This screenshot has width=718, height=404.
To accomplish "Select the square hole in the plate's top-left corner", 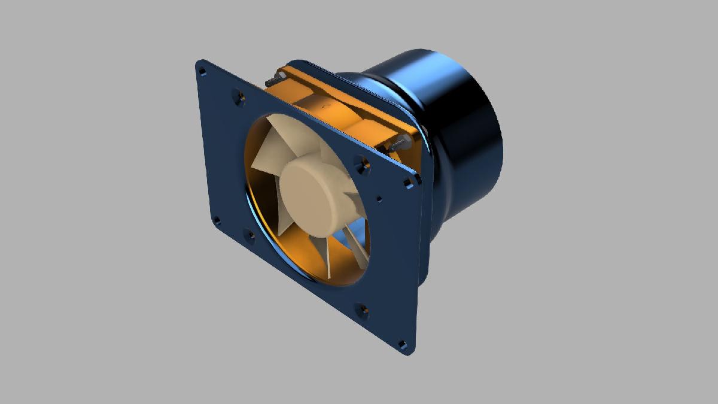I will (x=202, y=71).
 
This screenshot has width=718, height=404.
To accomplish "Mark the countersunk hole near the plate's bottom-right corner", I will (x=362, y=309).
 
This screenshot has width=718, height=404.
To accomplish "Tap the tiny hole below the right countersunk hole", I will (x=379, y=199).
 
